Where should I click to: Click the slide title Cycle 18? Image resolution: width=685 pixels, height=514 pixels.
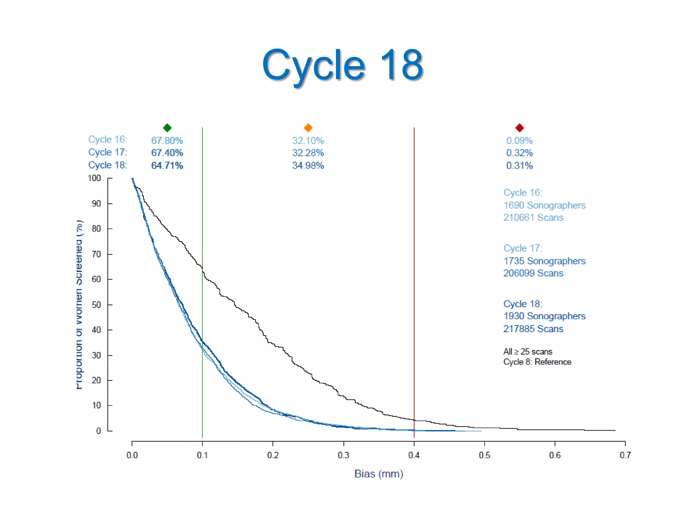[342, 65]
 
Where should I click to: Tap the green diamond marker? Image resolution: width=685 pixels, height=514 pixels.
[167, 127]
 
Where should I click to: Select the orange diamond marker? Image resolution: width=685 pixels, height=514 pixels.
[308, 127]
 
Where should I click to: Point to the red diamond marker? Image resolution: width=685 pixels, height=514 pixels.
[519, 127]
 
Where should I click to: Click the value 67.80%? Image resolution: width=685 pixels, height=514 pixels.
[167, 141]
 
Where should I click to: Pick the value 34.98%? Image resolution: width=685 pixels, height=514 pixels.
[308, 166]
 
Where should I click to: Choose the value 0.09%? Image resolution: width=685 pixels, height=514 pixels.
[519, 141]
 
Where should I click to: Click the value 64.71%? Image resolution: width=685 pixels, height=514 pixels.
[167, 166]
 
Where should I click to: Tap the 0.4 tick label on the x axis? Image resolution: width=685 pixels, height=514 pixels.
[414, 455]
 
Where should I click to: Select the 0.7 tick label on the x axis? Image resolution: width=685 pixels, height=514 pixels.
[625, 455]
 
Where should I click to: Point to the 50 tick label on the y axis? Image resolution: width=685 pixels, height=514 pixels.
[96, 305]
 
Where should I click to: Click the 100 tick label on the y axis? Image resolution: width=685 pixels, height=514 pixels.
[95, 178]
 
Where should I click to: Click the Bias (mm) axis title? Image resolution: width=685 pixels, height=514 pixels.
[379, 474]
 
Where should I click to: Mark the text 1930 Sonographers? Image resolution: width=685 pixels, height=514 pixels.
[544, 316]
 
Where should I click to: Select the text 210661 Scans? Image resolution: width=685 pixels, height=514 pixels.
[533, 218]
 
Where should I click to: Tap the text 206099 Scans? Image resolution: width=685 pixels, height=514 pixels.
[533, 273]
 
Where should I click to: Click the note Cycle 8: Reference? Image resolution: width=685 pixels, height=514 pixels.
[537, 362]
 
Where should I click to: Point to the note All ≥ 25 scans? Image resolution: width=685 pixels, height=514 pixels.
[527, 352]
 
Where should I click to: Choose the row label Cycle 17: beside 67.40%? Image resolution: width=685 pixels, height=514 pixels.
[108, 152]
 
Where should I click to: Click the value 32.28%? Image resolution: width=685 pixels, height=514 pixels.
[308, 153]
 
